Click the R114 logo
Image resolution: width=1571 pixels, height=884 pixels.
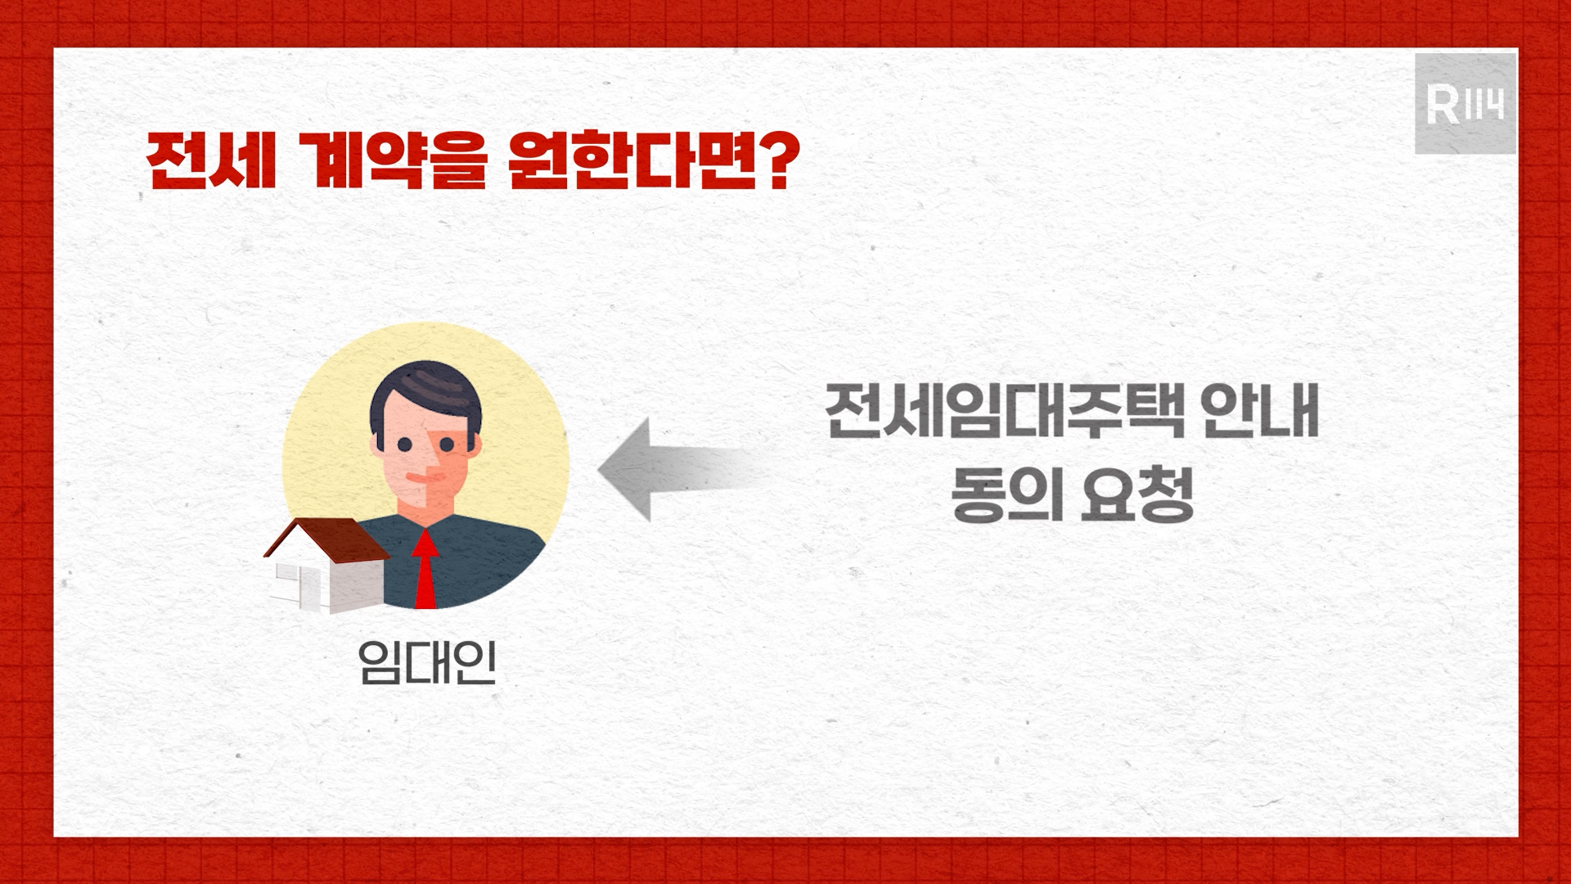point(1465,104)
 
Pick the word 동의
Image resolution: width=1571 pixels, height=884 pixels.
point(1004,495)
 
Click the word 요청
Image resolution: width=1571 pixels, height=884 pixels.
point(1137,495)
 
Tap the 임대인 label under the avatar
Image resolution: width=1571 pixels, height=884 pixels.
point(427,661)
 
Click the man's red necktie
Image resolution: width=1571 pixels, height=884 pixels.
point(425,569)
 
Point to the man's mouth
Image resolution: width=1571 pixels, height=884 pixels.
point(416,476)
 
